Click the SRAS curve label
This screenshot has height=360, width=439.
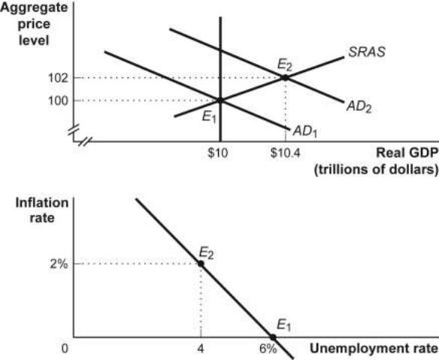(x=367, y=52)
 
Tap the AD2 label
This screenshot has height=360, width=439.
(x=359, y=107)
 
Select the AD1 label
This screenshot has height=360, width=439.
(x=305, y=131)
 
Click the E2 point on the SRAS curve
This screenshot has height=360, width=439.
(x=285, y=77)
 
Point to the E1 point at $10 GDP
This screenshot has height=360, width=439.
(x=220, y=100)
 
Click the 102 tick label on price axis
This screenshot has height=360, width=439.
(x=58, y=78)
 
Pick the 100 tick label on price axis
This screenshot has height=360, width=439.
(x=58, y=101)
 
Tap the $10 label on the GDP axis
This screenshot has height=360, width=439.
(x=218, y=153)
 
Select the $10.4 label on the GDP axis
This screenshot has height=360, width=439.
(x=286, y=153)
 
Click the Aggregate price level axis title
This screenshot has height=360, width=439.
(x=34, y=24)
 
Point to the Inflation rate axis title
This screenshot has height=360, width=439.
(x=42, y=210)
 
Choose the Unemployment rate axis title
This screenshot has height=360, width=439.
(x=374, y=349)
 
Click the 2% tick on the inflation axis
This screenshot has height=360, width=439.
(x=59, y=264)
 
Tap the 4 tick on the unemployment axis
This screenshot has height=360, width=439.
(x=201, y=349)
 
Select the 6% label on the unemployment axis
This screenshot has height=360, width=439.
(x=268, y=349)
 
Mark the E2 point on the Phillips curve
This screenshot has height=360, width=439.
(x=201, y=264)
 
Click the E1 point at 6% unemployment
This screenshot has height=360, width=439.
(x=273, y=337)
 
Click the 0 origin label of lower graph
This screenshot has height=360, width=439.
(x=65, y=349)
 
